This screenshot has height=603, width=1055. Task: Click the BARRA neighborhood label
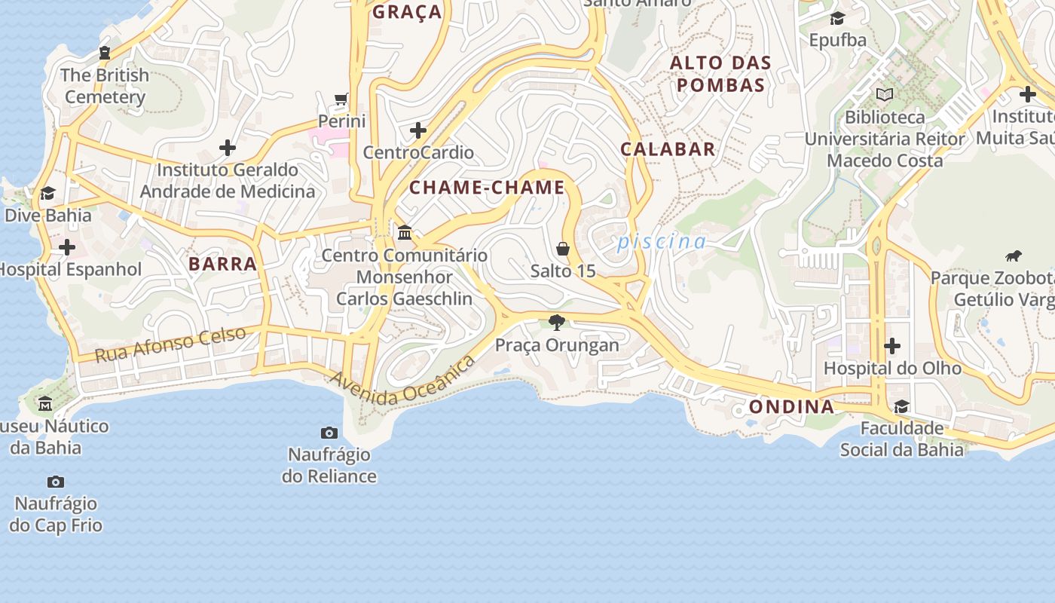(x=222, y=264)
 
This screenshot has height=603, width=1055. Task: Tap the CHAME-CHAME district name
(x=487, y=188)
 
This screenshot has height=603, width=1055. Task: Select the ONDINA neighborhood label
(x=791, y=407)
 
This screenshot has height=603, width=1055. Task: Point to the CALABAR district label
(x=668, y=148)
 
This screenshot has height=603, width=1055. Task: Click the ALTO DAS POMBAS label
(x=720, y=74)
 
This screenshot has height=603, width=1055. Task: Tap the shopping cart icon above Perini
(x=341, y=99)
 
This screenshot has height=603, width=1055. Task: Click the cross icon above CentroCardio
(x=418, y=130)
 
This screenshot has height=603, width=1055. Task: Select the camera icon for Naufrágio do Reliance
(x=329, y=433)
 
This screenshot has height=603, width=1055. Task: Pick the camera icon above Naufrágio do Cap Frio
(x=56, y=482)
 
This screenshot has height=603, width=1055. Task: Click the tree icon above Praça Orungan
(x=557, y=323)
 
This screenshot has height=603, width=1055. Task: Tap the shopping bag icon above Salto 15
(x=562, y=248)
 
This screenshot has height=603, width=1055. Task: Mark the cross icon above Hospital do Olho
(x=892, y=346)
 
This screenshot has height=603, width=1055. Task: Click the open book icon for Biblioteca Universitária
(x=885, y=95)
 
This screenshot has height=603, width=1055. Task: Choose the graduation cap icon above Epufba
(x=837, y=18)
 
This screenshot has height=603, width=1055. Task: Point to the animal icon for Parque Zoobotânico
(x=1014, y=256)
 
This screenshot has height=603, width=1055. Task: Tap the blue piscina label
(x=662, y=242)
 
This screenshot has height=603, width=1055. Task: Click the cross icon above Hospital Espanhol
(x=67, y=247)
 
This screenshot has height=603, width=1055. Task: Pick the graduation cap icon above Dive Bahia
(x=47, y=194)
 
